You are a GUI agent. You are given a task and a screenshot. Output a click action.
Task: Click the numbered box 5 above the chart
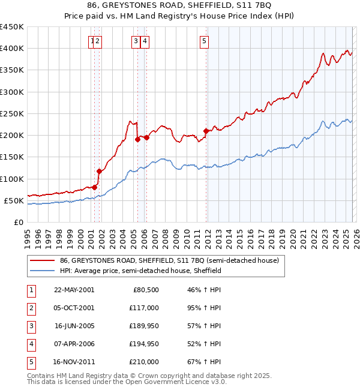click(x=205, y=41)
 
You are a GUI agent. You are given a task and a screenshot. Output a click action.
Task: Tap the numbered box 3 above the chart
click(x=136, y=41)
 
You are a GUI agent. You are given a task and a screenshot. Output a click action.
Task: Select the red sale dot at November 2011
click(x=206, y=131)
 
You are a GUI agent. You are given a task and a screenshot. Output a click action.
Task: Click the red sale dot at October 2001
click(x=99, y=171)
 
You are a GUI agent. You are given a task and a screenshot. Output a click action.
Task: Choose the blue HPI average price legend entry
click(x=140, y=271)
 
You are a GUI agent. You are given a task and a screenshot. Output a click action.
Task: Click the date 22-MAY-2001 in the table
click(x=74, y=290)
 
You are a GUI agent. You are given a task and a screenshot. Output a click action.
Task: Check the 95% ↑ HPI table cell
click(x=204, y=308)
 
